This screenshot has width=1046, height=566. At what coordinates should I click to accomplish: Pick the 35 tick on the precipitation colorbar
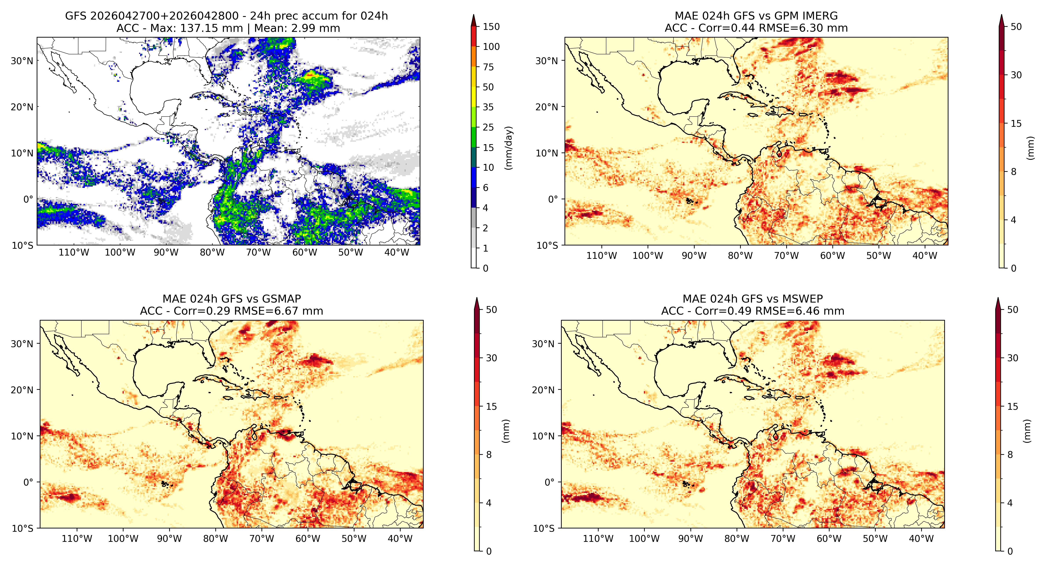tap(488, 107)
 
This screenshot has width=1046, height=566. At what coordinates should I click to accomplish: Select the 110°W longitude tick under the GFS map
tap(73, 252)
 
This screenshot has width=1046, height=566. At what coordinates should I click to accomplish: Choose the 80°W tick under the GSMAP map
tap(215, 539)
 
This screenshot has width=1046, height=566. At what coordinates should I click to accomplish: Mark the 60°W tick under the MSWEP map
tap(829, 539)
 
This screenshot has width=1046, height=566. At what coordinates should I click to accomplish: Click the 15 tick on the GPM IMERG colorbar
tap(1016, 123)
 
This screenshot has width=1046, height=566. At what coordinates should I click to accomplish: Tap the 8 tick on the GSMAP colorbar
tap(489, 455)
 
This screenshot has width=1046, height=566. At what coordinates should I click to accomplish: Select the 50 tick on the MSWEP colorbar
tap(1013, 310)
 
